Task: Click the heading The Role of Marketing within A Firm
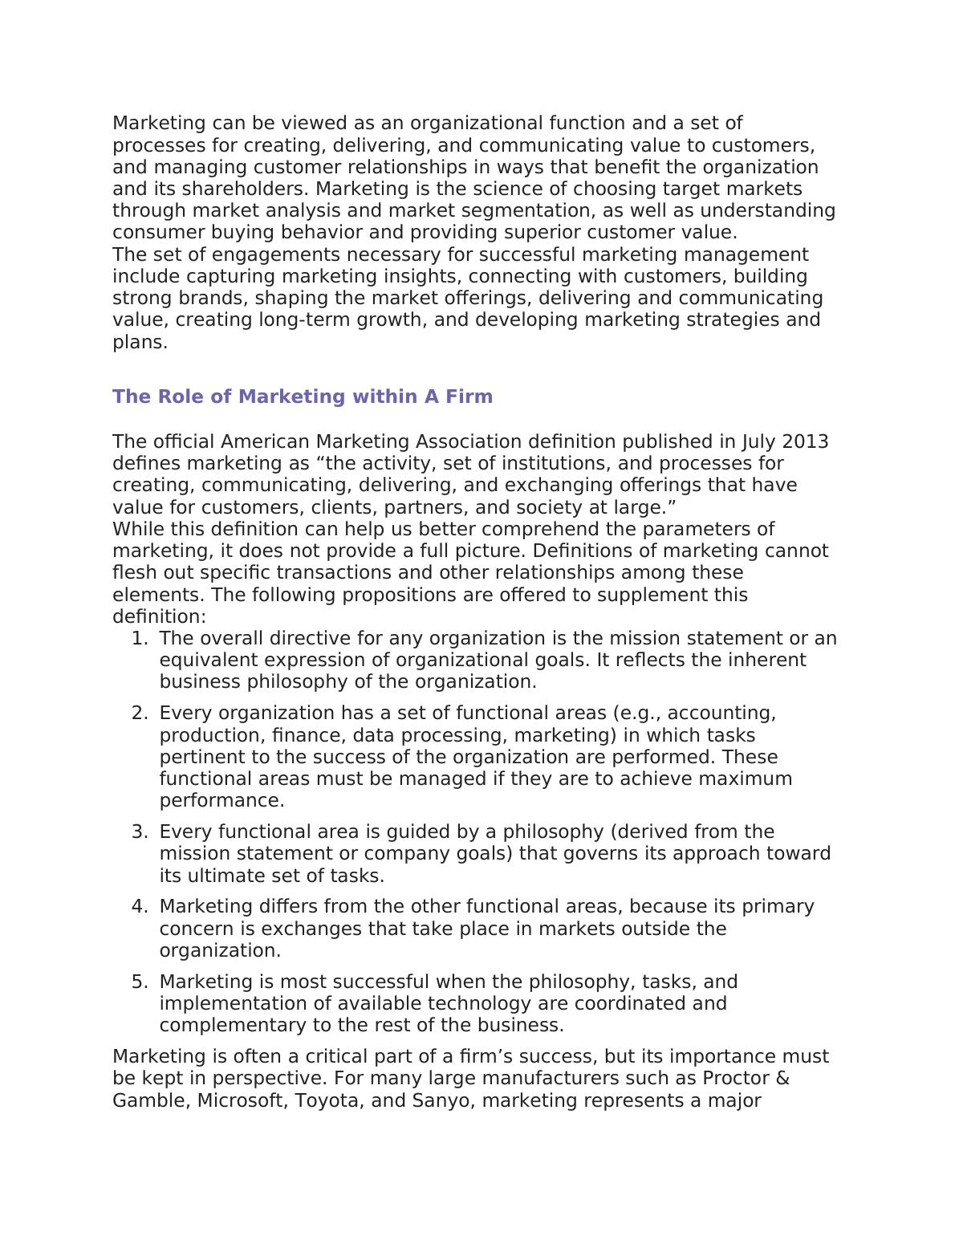(x=302, y=396)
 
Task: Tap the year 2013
(x=804, y=442)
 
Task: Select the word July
(x=758, y=442)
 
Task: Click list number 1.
(x=140, y=639)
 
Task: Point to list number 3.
(x=140, y=831)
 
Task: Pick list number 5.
(x=140, y=982)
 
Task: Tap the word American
(x=265, y=442)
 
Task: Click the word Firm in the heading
(x=470, y=396)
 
